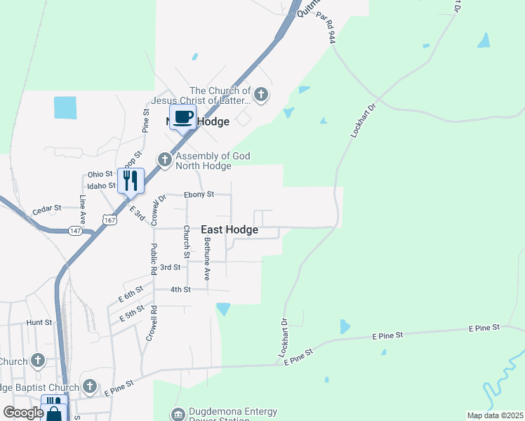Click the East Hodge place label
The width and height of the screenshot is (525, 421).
pos(230,229)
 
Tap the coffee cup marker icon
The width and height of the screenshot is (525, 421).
pos(183,116)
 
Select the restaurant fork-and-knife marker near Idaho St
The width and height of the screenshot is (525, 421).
pos(131,180)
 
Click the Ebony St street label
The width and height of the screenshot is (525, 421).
pos(198,194)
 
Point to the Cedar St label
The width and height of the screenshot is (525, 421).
pos(47,208)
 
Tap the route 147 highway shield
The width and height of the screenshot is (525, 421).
pos(75,230)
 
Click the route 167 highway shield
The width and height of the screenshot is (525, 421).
pos(109,220)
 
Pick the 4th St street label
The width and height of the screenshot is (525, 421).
pos(181,289)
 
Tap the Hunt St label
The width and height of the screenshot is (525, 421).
pos(39,322)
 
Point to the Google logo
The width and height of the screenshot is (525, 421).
pos(23,413)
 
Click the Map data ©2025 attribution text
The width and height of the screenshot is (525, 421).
pos(495,415)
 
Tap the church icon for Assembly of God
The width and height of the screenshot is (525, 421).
pos(164,160)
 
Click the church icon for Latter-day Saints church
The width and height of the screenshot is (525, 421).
pos(261,94)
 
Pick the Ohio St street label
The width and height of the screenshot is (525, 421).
pos(100,174)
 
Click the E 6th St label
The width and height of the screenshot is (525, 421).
pos(131,294)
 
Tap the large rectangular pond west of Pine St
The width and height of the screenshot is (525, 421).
pos(65,107)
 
